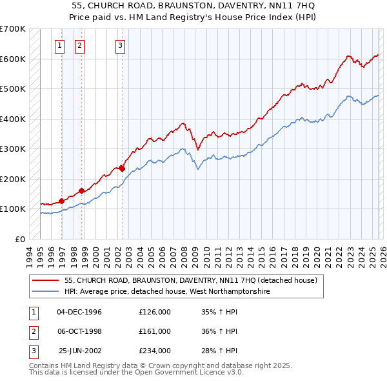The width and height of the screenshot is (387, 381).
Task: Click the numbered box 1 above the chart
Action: click(x=59, y=45)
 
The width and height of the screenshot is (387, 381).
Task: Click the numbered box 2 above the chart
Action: click(x=79, y=45)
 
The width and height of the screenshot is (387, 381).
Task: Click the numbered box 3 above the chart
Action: click(x=121, y=45)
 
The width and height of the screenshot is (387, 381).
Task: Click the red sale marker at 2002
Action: click(x=122, y=169)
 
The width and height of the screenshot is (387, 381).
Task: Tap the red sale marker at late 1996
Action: click(x=62, y=201)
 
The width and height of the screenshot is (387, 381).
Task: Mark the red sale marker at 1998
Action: click(x=82, y=190)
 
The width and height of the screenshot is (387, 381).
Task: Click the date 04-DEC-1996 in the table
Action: click(x=79, y=312)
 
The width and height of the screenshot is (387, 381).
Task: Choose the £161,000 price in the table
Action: click(x=155, y=331)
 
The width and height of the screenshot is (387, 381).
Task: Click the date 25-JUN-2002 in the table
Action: click(x=79, y=351)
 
